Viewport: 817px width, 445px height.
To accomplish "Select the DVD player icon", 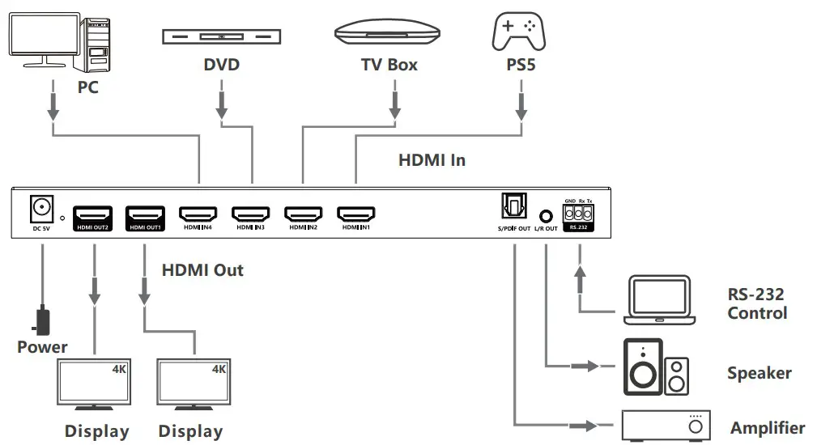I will tap(221, 36).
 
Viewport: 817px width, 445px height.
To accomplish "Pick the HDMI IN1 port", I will tap(355, 214).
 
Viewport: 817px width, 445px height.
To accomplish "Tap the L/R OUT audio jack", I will tap(547, 216).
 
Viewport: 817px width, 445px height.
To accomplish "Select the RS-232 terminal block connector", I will tap(578, 214).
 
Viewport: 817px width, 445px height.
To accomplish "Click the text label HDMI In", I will tap(432, 160).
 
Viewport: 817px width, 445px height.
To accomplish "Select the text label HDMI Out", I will tap(202, 269).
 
